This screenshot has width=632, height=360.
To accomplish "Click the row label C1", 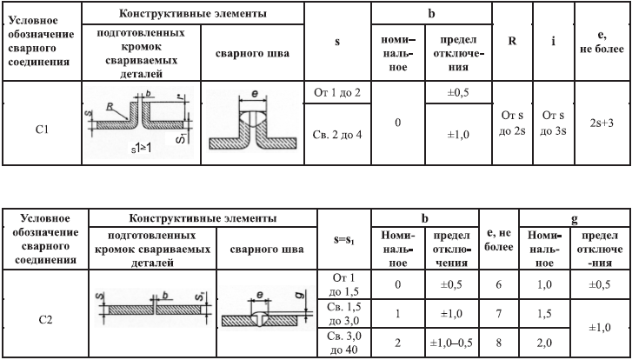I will coord(40,129).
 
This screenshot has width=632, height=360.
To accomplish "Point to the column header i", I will coord(553,40).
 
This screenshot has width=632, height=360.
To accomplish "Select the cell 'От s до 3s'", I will coord(553,123).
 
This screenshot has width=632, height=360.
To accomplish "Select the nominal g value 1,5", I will coord(545,313).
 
